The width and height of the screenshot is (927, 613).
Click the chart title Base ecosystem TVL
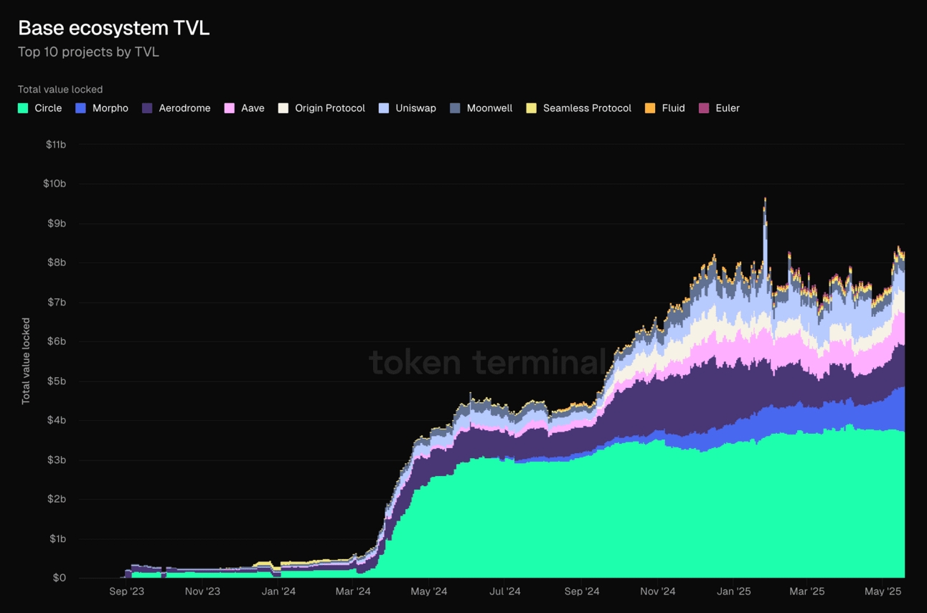[x=113, y=28]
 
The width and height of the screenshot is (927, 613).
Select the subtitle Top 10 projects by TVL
[x=88, y=52]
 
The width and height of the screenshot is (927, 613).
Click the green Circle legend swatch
[x=23, y=108]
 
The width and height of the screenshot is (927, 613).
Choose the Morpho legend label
[x=110, y=108]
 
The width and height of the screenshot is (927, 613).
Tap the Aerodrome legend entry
[x=184, y=108]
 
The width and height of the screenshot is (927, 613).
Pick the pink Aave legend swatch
[x=230, y=108]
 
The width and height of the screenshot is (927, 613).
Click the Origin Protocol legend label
[x=329, y=108]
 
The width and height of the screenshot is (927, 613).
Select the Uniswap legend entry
[x=415, y=108]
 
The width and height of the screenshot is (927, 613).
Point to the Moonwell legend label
[x=489, y=108]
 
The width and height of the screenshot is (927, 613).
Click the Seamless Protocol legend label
[x=587, y=108]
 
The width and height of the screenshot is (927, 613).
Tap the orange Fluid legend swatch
[x=650, y=108]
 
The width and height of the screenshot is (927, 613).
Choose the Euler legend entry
[x=727, y=108]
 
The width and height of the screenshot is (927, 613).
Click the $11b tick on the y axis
[x=55, y=144]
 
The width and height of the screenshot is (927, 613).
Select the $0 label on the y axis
[x=59, y=578]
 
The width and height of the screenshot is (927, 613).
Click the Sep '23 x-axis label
[x=126, y=591]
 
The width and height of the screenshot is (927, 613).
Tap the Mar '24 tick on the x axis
[x=353, y=591]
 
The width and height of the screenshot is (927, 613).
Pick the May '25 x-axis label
[x=883, y=591]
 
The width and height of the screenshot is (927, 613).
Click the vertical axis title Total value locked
[x=26, y=361]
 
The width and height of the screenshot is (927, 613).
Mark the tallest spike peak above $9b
[x=765, y=199]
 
